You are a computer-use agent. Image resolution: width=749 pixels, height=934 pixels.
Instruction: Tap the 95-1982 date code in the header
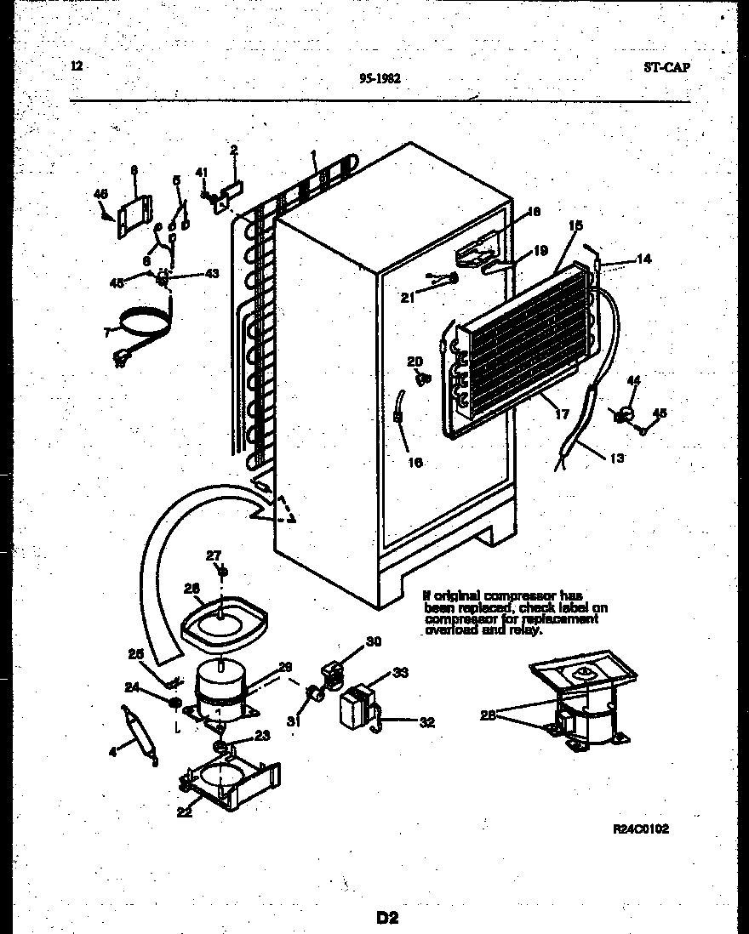380,77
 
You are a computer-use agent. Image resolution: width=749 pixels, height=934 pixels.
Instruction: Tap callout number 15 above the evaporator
576,225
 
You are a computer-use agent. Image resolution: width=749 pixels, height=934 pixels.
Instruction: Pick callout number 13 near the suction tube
617,458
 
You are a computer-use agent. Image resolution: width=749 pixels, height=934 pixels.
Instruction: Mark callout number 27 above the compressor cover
213,555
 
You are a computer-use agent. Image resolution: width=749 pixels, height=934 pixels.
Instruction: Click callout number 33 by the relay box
400,672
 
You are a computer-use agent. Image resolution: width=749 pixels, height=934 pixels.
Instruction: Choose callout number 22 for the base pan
185,812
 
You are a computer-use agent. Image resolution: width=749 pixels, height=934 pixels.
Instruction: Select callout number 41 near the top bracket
202,173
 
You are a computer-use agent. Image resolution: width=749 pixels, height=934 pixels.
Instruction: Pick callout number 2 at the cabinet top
233,151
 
